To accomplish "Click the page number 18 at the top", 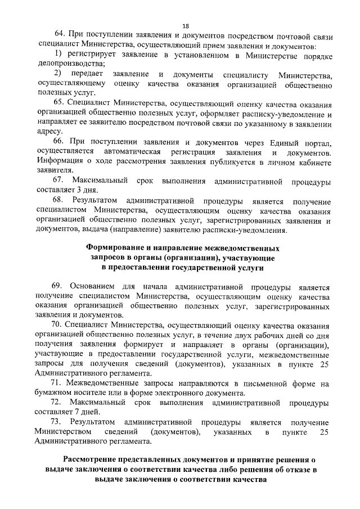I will tap(185, 26).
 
